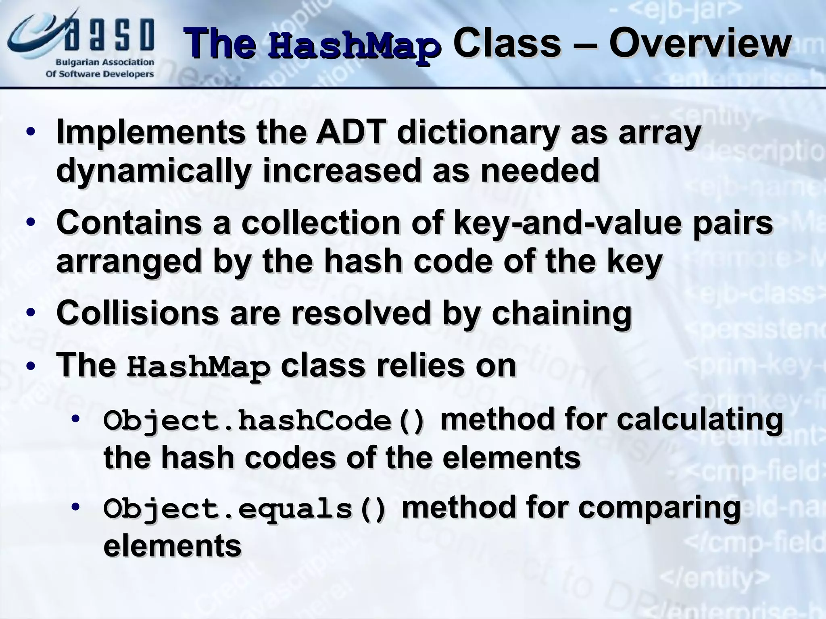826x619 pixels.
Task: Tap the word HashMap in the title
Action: point(354,48)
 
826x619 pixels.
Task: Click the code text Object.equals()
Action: point(245,509)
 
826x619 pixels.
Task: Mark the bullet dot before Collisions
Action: point(31,313)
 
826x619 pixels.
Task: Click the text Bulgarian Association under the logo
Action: point(104,62)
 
